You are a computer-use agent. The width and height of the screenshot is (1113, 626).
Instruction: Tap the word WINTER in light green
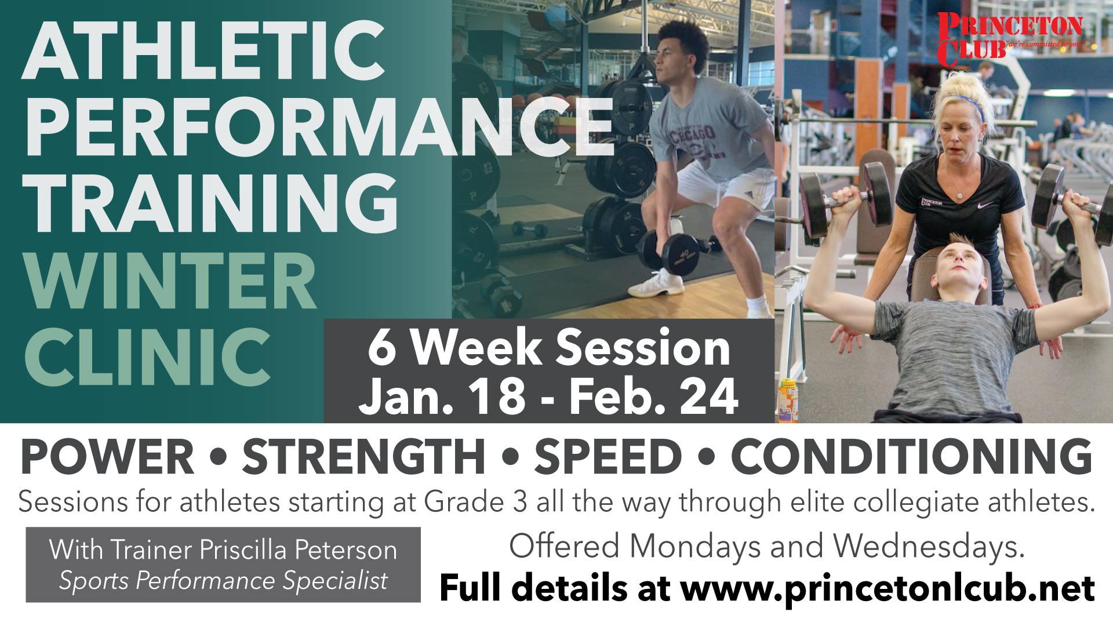[x=170, y=281]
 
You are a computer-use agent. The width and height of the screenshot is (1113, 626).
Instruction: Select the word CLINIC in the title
[x=147, y=356]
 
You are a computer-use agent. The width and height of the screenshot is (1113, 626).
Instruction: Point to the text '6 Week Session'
[x=548, y=347]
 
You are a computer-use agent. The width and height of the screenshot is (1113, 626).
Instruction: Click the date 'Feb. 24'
[x=654, y=396]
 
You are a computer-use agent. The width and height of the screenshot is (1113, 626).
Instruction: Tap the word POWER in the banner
[x=108, y=457]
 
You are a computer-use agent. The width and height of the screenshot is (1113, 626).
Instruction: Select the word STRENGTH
[x=363, y=457]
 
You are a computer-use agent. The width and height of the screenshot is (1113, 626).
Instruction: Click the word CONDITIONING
[x=912, y=457]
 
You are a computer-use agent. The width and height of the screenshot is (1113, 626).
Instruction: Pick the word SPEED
[x=608, y=457]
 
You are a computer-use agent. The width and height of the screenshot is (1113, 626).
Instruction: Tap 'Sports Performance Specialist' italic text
[x=223, y=580]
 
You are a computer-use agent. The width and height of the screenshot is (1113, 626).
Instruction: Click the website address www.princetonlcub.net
[x=888, y=589]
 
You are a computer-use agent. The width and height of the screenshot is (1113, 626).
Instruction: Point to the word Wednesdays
[x=929, y=547]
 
